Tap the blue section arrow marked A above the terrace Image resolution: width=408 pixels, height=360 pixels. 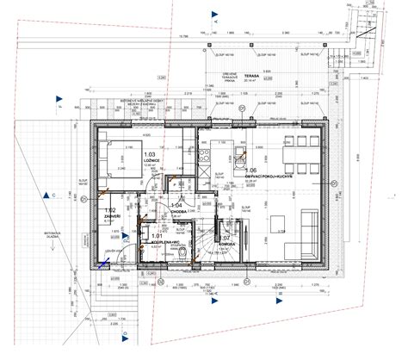pyautogui.click(x=210, y=13)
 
